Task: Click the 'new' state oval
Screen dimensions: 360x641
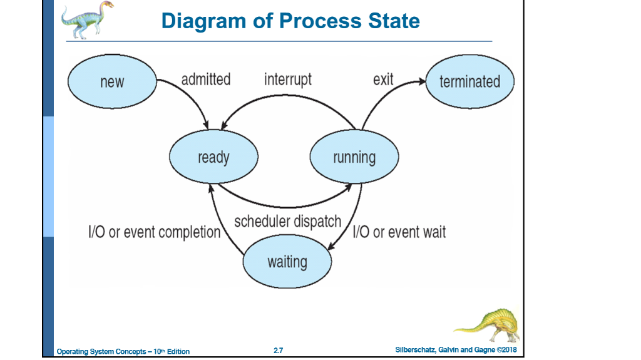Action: point(112,82)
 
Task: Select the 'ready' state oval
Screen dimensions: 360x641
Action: point(213,157)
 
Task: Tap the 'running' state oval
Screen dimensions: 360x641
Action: point(354,157)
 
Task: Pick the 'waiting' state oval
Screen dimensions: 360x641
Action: point(287,262)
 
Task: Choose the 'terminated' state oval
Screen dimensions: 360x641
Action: point(469,81)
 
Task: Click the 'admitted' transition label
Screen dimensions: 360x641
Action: point(206,80)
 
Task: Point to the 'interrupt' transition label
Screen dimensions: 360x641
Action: point(288,80)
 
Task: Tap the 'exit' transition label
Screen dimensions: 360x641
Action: point(383,80)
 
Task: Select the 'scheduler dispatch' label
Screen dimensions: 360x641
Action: point(288,222)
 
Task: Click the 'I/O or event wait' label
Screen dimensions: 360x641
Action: point(399,232)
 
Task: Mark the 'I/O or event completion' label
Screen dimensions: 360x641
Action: point(155,232)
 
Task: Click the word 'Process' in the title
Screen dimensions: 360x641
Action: point(320,21)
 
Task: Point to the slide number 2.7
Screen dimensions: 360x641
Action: point(279,351)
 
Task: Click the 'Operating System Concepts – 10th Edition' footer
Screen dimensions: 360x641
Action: point(123,351)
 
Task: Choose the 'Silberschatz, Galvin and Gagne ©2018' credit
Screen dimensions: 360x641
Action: point(456,349)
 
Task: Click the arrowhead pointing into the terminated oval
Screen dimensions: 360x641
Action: point(421,80)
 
